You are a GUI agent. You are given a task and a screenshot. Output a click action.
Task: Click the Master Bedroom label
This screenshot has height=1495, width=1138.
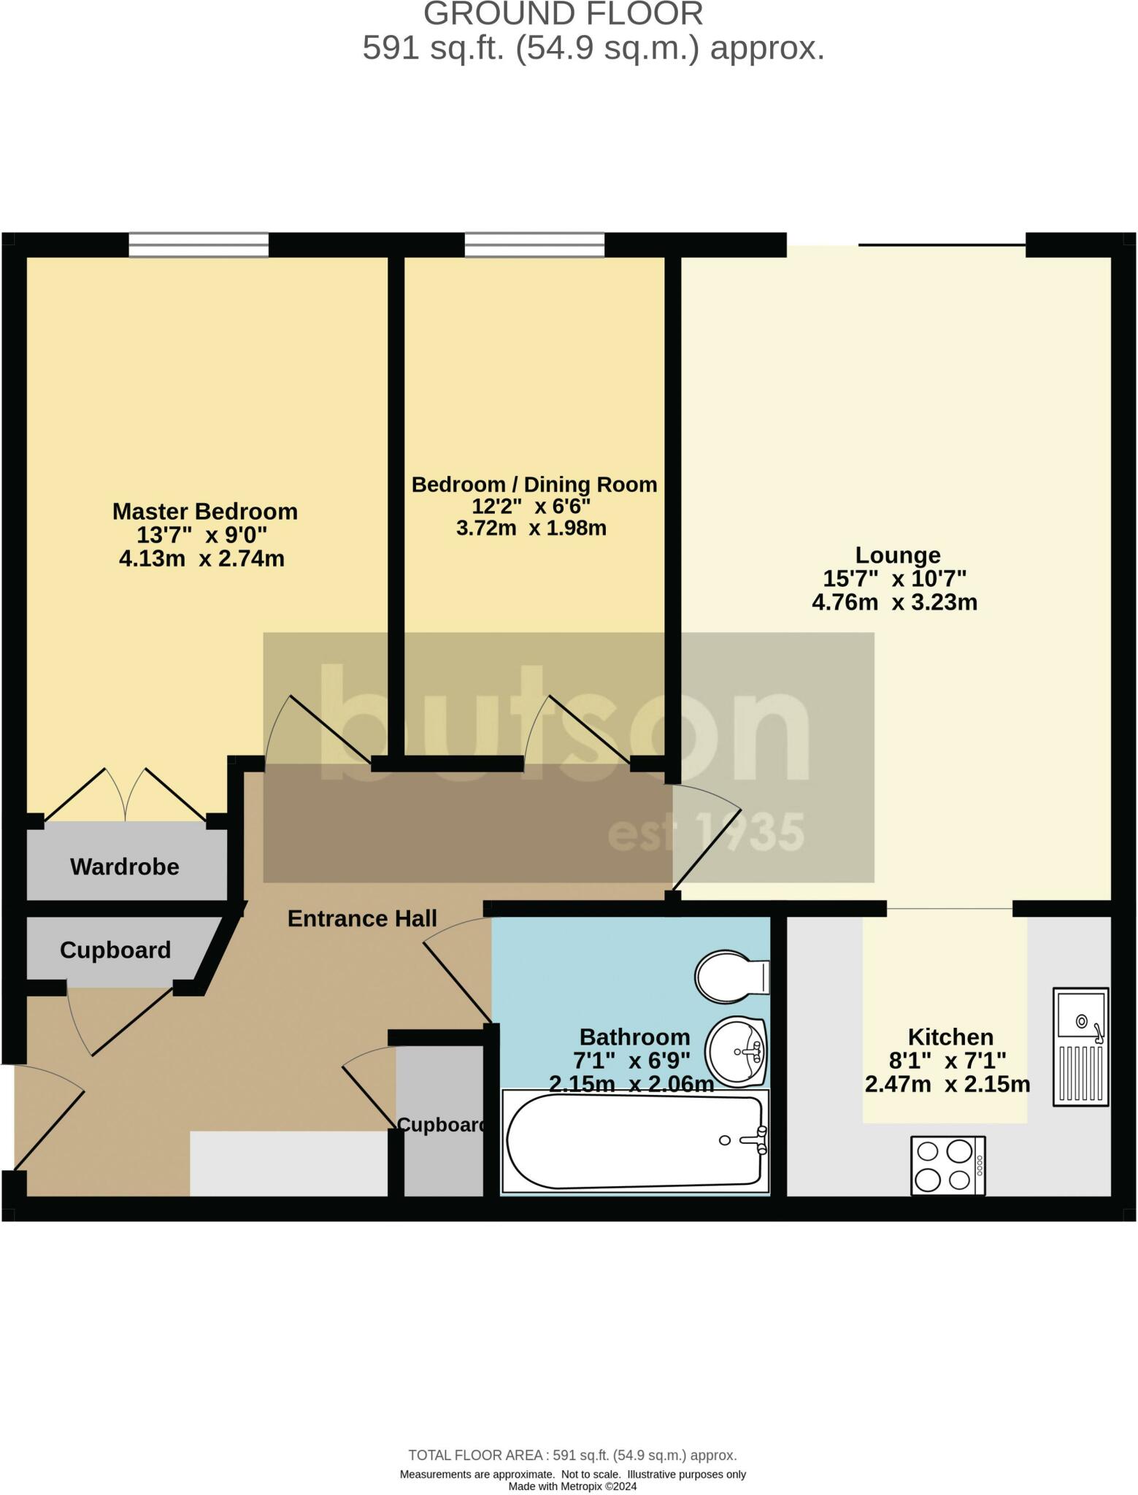click(x=204, y=511)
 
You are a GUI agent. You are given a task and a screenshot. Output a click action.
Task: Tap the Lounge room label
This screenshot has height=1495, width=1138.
click(x=897, y=555)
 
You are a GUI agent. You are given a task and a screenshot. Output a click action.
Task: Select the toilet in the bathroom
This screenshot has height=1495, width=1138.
click(x=730, y=976)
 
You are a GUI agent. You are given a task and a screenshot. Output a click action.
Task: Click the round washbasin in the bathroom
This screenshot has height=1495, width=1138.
click(x=735, y=1052)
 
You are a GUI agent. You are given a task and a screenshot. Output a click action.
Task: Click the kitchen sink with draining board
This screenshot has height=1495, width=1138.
click(x=1080, y=1045)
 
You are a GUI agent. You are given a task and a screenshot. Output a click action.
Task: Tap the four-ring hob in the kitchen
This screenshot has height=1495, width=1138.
click(x=947, y=1166)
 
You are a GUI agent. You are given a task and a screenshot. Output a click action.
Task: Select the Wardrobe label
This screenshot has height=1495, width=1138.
click(x=125, y=866)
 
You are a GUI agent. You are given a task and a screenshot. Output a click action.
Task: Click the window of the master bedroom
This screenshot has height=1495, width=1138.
click(x=199, y=245)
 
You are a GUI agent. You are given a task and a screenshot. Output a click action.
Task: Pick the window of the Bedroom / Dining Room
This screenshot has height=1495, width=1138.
click(x=534, y=245)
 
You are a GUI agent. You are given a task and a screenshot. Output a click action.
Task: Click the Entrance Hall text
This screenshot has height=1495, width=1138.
click(x=362, y=918)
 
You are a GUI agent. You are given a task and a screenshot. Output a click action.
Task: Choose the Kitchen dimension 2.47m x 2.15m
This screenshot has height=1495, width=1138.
click(x=947, y=1084)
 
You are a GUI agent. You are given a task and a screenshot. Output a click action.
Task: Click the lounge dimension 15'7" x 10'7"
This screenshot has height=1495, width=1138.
click(x=895, y=579)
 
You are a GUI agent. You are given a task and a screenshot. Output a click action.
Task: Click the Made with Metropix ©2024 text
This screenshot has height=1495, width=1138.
click(x=572, y=1486)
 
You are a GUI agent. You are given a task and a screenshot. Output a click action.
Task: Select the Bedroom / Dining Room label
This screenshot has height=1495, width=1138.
click(x=534, y=484)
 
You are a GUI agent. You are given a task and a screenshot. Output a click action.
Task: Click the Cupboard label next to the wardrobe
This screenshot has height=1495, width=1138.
click(x=115, y=950)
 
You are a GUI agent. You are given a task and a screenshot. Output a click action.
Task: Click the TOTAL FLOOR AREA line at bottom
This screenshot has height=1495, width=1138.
click(x=572, y=1456)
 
